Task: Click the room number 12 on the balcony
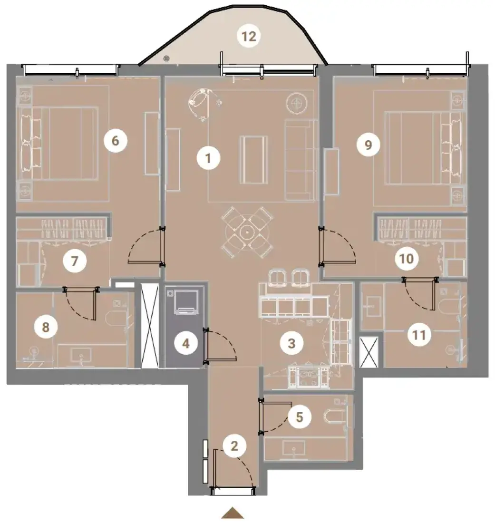[x=249, y=36]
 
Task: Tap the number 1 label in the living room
[x=208, y=158]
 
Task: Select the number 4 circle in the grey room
[x=186, y=343]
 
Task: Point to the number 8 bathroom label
[x=46, y=327]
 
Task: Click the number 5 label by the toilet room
[x=299, y=417]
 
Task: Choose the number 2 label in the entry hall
[x=234, y=446]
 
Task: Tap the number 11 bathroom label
[x=419, y=335]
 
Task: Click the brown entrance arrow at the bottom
[x=233, y=513]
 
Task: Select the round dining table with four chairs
[x=247, y=232]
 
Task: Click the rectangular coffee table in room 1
[x=254, y=160]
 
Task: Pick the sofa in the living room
[x=301, y=160]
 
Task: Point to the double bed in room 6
[x=60, y=144]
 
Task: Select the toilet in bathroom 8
[x=116, y=319]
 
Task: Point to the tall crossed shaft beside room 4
[x=150, y=326]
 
